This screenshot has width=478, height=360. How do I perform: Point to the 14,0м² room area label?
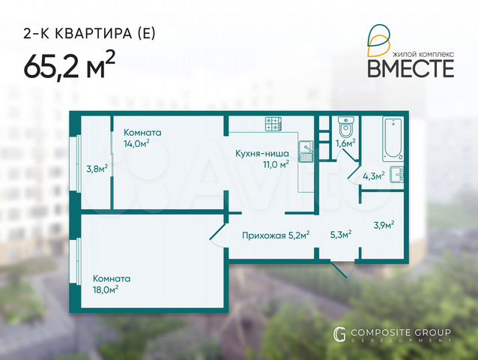coord(137,142)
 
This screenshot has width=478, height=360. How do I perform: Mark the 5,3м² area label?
coord(341,232)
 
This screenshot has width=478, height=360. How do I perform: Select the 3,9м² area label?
coord(384,223)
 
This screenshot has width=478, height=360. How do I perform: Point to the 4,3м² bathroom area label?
coord(373,175)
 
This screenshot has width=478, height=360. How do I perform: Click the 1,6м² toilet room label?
coord(345,142)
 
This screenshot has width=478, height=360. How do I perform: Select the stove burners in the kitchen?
coord(272,122)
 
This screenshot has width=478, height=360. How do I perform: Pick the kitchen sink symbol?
coord(305,153)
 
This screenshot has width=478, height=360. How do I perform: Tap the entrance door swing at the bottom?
coord(341,268)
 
